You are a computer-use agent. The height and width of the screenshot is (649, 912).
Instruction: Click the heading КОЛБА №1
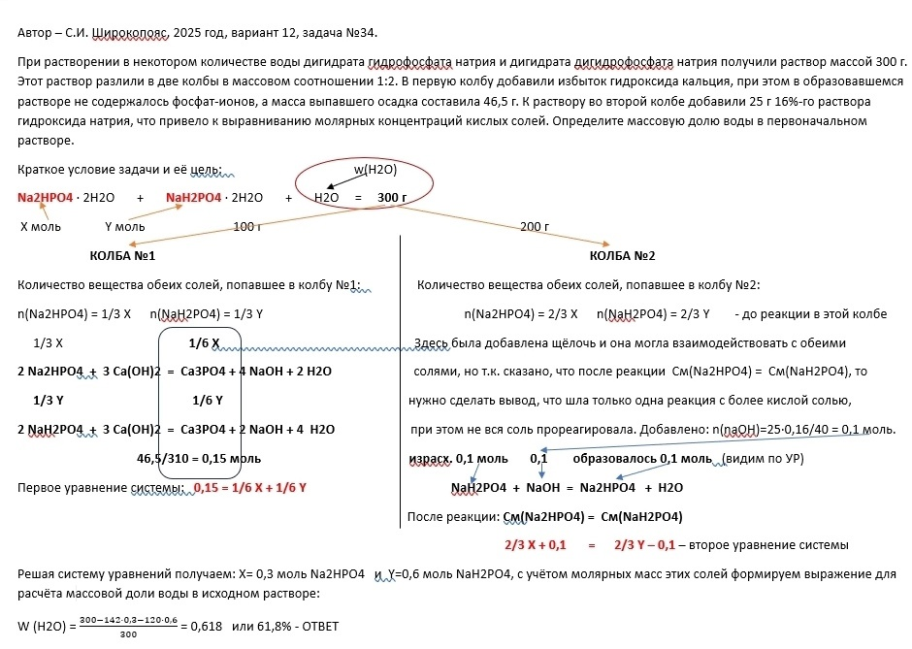pyautogui.click(x=122, y=256)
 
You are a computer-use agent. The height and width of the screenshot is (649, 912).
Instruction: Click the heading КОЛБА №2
pyautogui.click(x=622, y=256)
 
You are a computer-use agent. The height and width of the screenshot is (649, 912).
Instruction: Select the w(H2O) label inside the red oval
pyautogui.click(x=375, y=170)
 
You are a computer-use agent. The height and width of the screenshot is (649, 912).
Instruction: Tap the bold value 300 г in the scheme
pyautogui.click(x=392, y=198)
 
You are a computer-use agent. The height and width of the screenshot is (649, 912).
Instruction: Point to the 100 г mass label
pyautogui.click(x=247, y=227)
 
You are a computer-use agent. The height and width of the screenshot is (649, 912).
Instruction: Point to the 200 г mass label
pyautogui.click(x=535, y=227)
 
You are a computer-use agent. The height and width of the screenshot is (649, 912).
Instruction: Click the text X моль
pyautogui.click(x=41, y=227)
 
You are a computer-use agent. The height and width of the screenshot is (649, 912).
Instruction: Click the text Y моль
pyautogui.click(x=124, y=227)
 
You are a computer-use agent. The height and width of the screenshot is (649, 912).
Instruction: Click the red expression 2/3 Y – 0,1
pyautogui.click(x=645, y=544)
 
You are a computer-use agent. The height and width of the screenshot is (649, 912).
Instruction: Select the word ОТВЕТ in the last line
pyautogui.click(x=312, y=626)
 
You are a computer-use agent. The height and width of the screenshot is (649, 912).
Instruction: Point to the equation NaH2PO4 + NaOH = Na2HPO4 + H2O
pyautogui.click(x=568, y=487)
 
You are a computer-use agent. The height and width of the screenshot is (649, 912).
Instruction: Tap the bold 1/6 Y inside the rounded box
pyautogui.click(x=208, y=401)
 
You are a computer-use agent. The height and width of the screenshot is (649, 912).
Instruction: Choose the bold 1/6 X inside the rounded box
pyautogui.click(x=204, y=343)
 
